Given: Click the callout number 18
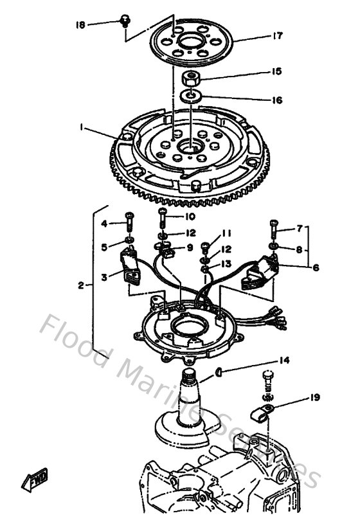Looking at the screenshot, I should [x=80, y=25].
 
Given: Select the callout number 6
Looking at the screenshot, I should [x=316, y=268].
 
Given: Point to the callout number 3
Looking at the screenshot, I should [x=105, y=277].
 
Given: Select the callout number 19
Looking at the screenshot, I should [x=315, y=398].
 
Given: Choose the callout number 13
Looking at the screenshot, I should [x=227, y=264].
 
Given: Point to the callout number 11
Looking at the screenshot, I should [x=226, y=233].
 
